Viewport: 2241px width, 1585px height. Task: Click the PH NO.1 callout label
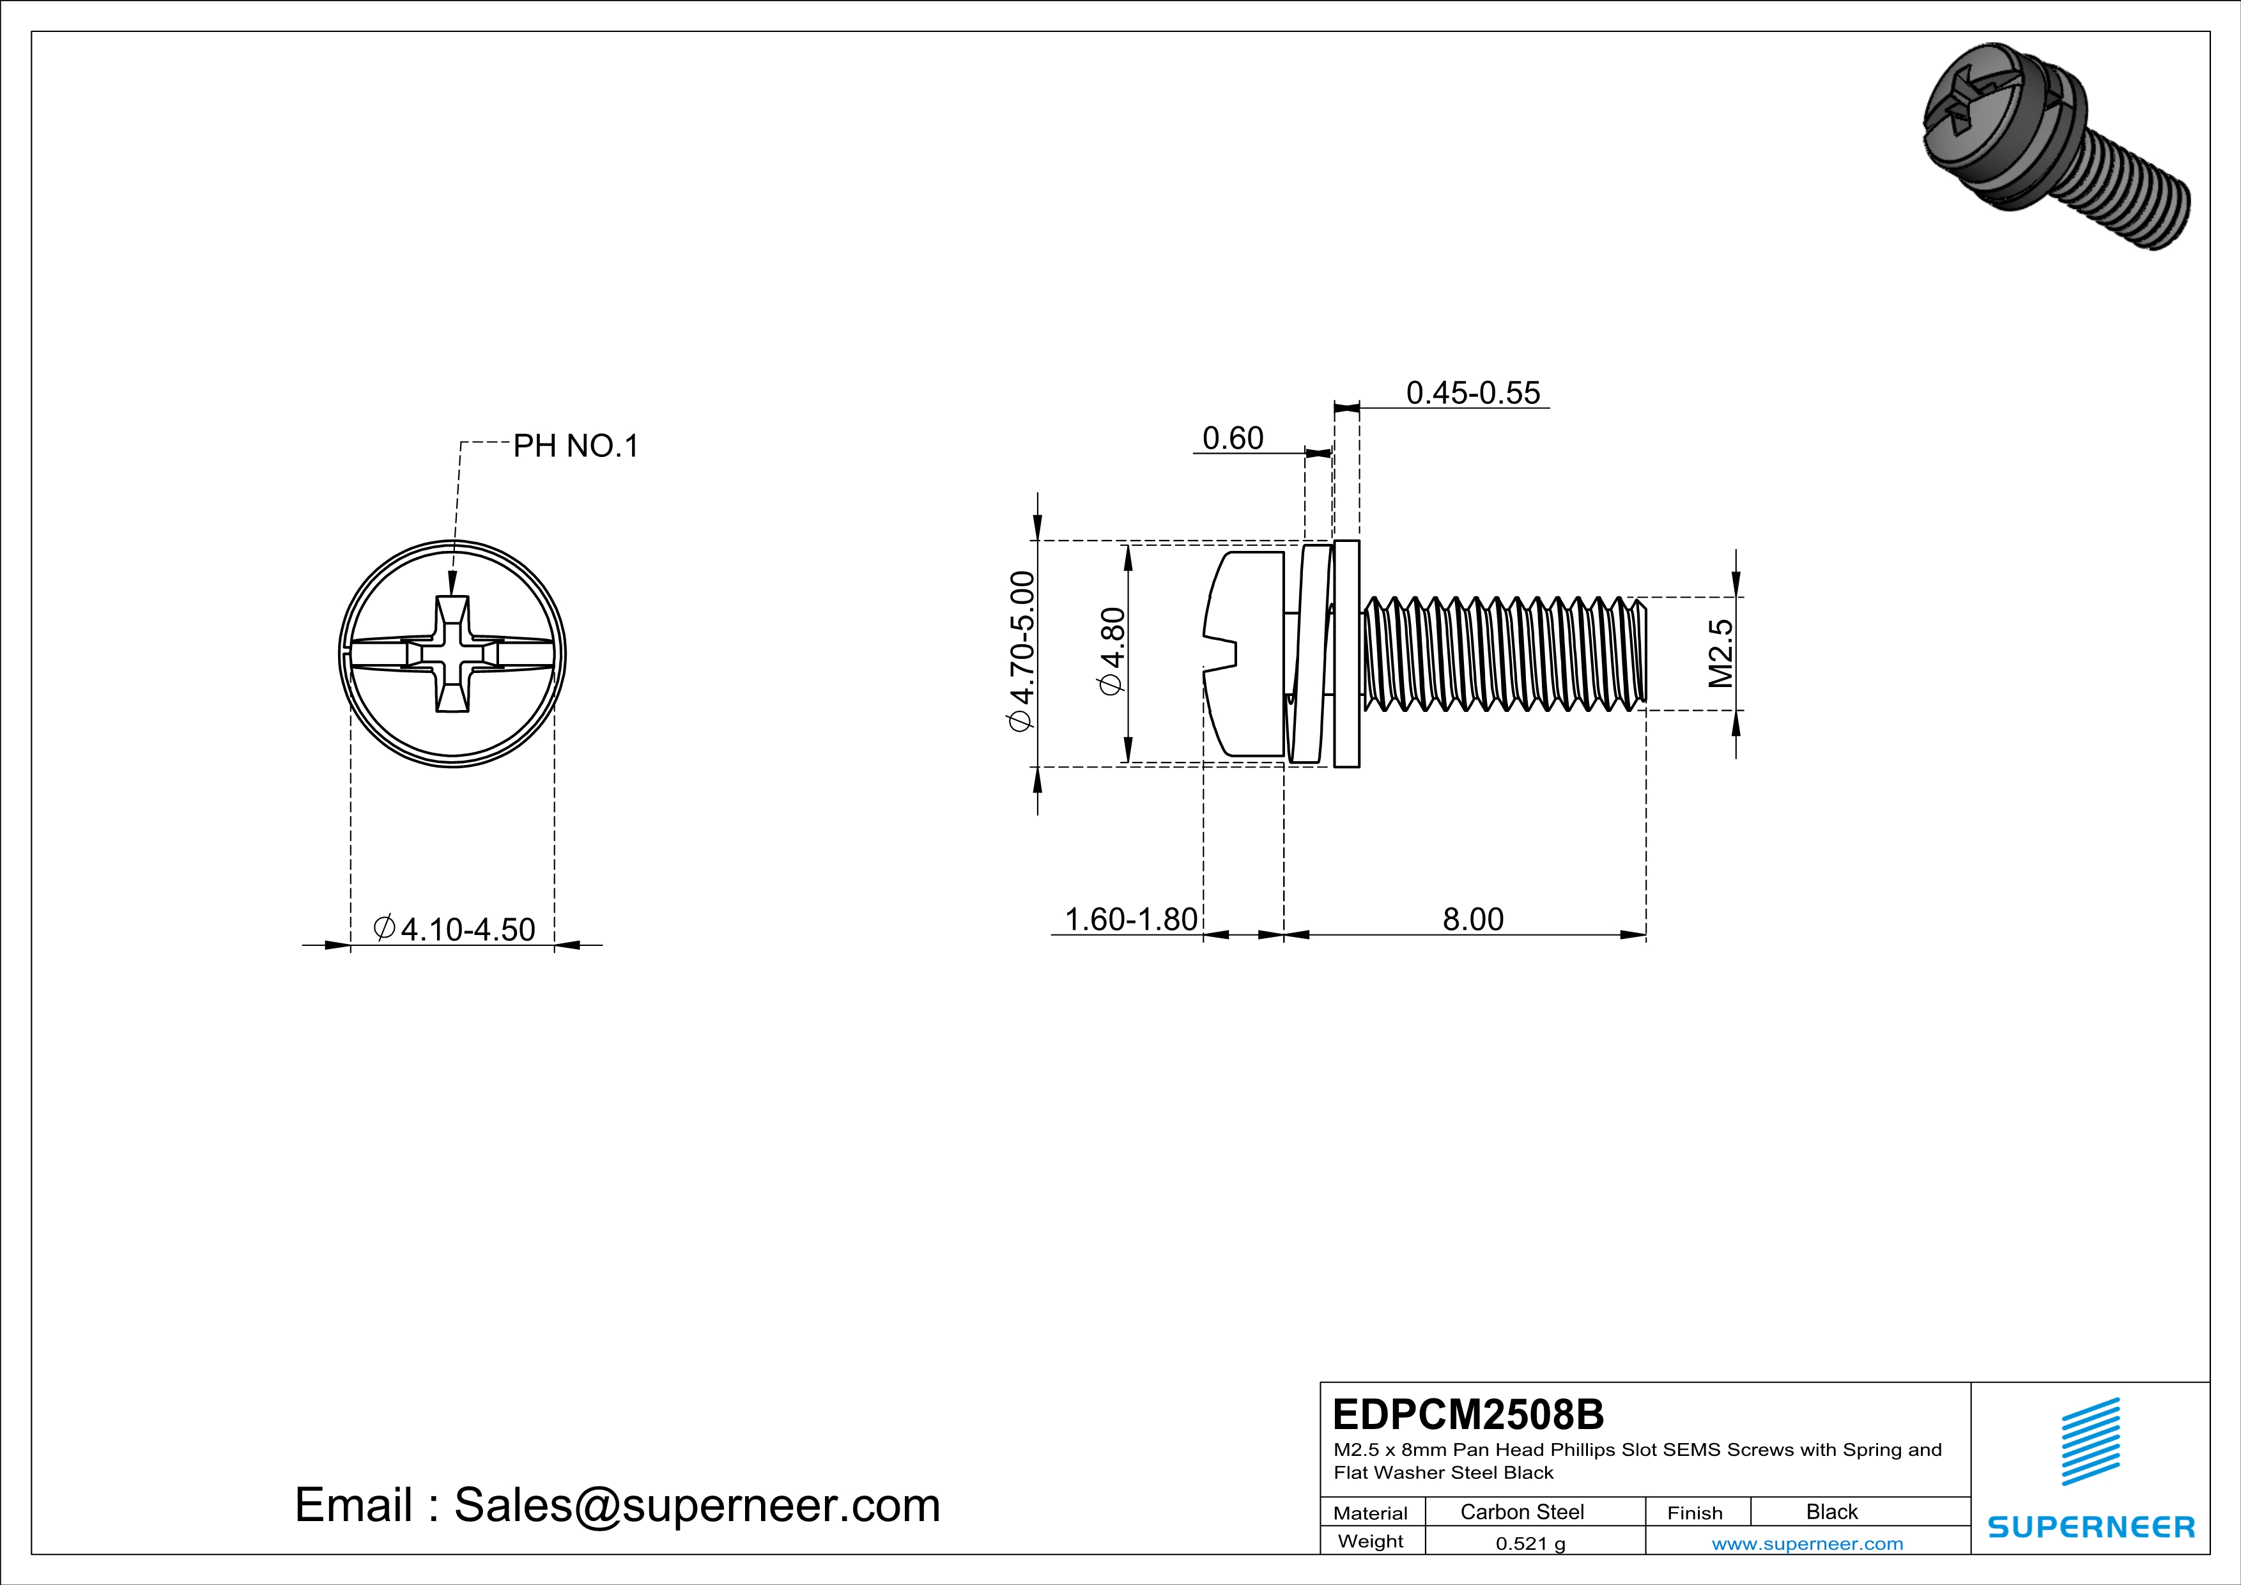pyautogui.click(x=576, y=446)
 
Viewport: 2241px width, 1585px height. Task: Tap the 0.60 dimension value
pyautogui.click(x=1232, y=438)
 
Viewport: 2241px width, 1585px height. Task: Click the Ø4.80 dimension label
pyautogui.click(x=1112, y=651)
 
